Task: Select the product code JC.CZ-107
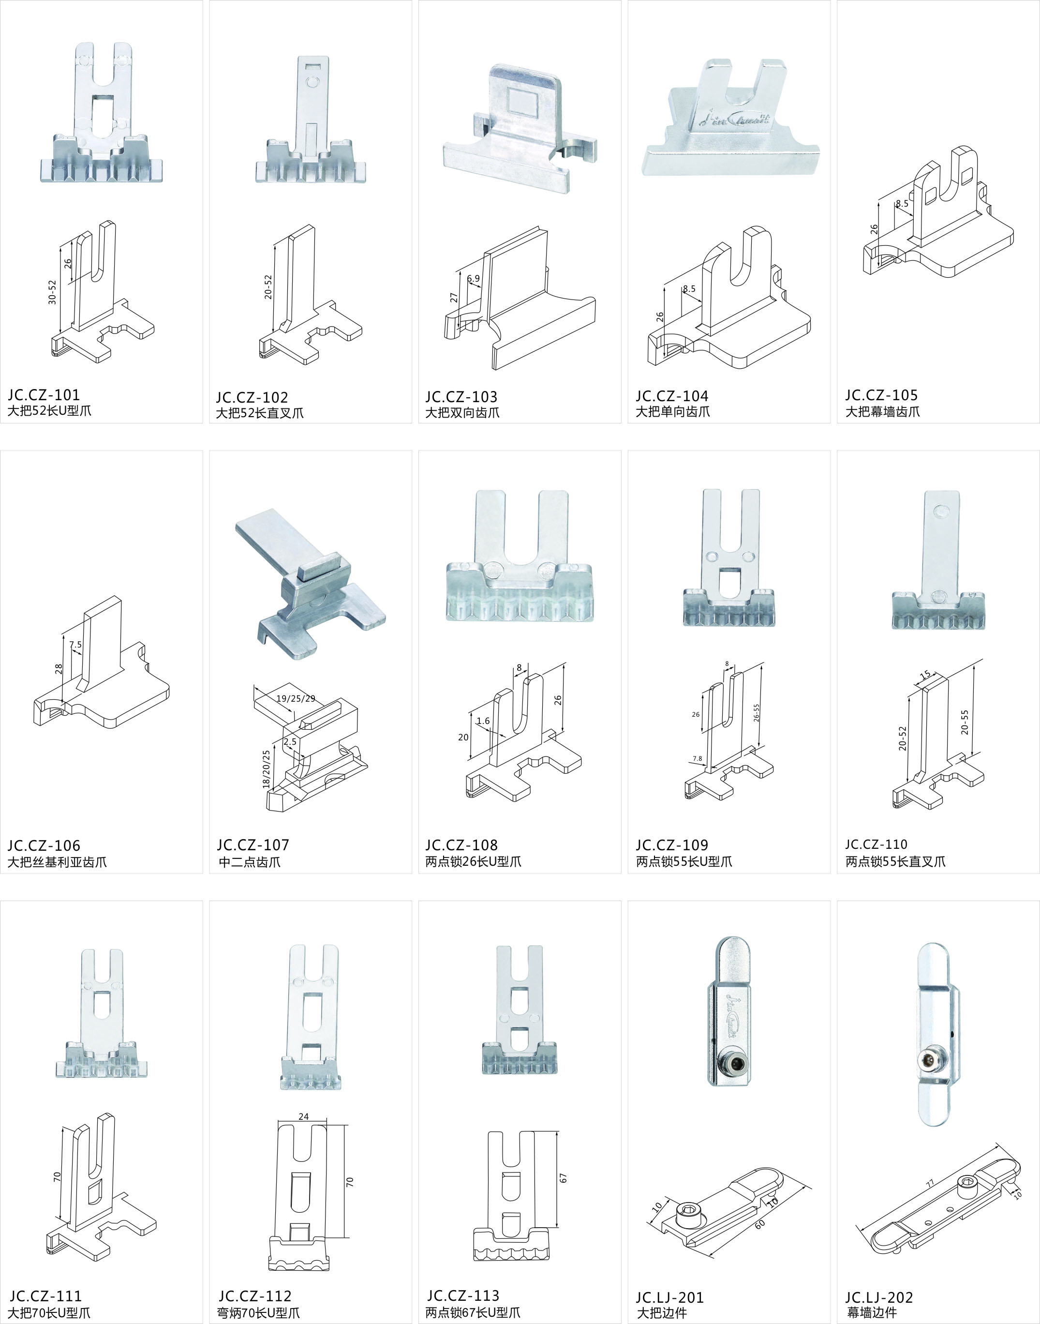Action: click(x=253, y=845)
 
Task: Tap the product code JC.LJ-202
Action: click(x=878, y=1297)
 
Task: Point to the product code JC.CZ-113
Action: click(x=463, y=1295)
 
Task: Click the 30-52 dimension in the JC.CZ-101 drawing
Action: click(x=52, y=292)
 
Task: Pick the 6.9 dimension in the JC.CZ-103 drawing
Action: click(x=473, y=278)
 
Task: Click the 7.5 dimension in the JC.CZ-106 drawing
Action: click(x=75, y=645)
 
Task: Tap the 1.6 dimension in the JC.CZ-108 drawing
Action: click(x=483, y=721)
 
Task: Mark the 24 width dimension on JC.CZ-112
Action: click(x=303, y=1116)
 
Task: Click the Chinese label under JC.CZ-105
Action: click(x=882, y=412)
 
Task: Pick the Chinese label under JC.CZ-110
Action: click(x=895, y=861)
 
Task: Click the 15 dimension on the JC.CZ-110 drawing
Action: click(x=925, y=675)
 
